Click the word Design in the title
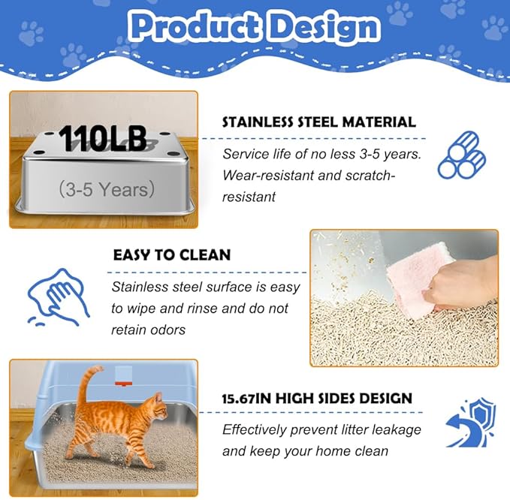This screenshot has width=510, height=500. (324, 27)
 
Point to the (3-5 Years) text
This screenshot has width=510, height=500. (106, 188)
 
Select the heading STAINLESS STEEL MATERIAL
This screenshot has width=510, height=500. (319, 122)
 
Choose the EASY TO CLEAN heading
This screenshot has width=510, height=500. (172, 255)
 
